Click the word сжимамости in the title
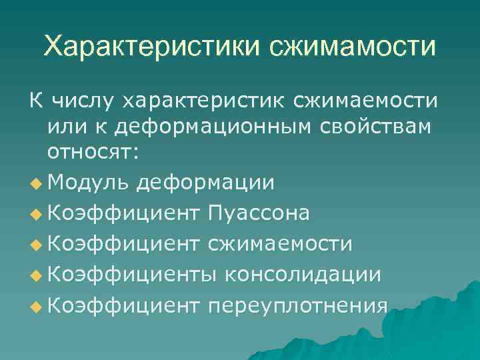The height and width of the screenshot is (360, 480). pos(353,47)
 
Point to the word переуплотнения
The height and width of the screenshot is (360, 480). pos(297,306)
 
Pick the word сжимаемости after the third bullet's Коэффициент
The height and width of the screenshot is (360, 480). pos(280,244)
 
